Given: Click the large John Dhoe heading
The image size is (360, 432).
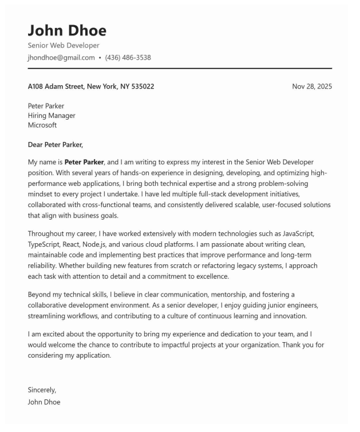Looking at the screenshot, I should pos(67,30).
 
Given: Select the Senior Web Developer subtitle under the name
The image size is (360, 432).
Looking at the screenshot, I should pos(64,45).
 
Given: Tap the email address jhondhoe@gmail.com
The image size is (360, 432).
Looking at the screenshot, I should pos(61,57).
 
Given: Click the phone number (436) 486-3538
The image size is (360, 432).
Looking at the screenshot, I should pos(128,57).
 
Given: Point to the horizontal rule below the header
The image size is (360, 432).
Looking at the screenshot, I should pos(180,69).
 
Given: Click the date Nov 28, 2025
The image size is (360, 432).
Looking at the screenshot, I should pos(311,86).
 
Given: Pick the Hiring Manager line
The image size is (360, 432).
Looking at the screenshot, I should pos(52,116).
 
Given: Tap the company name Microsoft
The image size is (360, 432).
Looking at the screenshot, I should pos(42,125).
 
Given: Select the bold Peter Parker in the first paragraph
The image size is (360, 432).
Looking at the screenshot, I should pos(84,163).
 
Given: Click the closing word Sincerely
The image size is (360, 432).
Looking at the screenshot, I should pos(42,390).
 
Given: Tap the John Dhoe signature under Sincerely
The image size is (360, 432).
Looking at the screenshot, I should pos(44,402).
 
